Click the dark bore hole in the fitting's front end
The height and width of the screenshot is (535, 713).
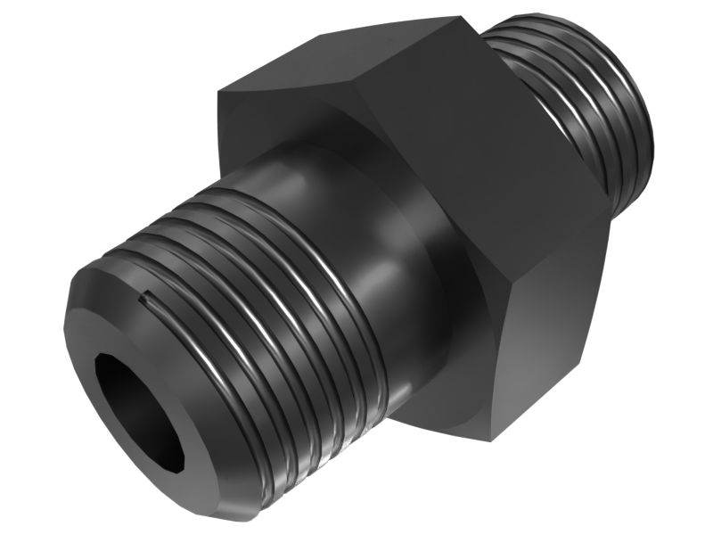click(134, 406)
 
